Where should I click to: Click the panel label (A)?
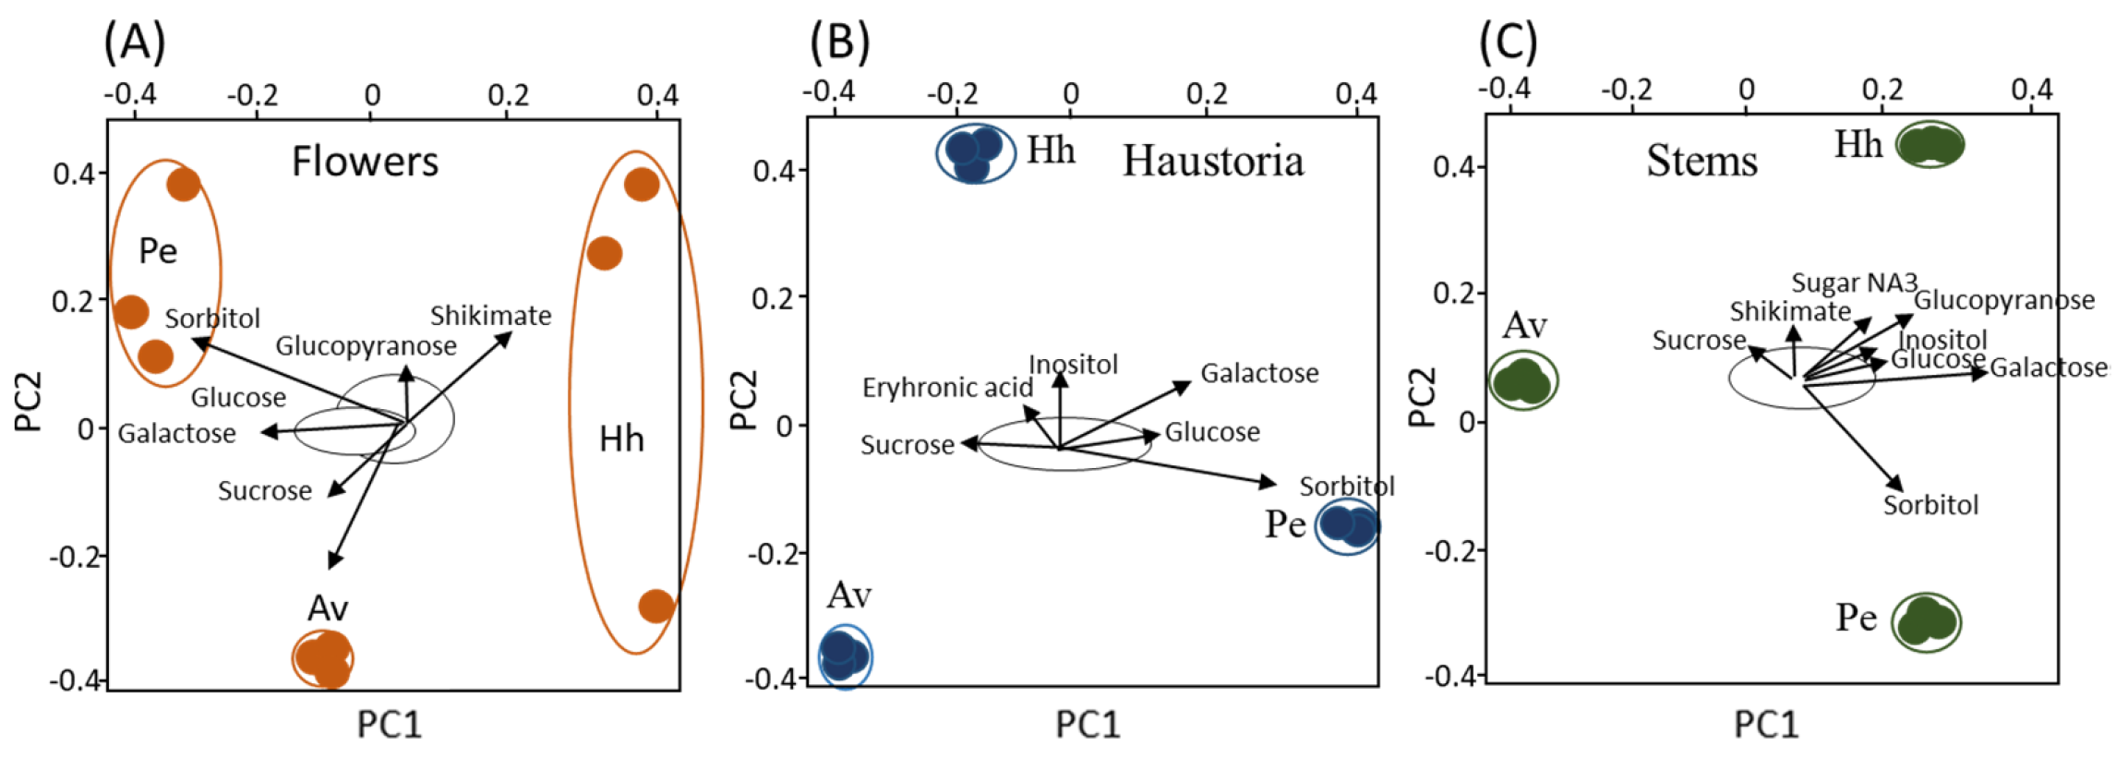point(135,42)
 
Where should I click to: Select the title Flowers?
point(365,162)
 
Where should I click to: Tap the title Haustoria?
point(1212,162)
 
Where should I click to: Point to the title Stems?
point(1701,161)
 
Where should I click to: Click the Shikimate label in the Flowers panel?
point(490,316)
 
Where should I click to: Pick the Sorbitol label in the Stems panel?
point(1930,505)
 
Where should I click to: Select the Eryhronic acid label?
point(947,388)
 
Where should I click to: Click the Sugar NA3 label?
point(1854,283)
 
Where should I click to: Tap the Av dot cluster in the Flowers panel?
point(324,659)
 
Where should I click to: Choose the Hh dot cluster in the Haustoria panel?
point(974,152)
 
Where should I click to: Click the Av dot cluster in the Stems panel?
point(1522,380)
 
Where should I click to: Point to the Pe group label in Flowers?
point(158,251)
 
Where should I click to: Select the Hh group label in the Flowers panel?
point(621,439)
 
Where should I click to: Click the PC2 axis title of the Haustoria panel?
point(743,399)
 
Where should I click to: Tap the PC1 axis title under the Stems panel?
point(1765,725)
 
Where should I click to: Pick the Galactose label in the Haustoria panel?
point(1259,373)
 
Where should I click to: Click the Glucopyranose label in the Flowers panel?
point(366,346)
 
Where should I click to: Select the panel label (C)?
point(1508,42)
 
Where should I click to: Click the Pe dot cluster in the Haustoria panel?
point(1347,526)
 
